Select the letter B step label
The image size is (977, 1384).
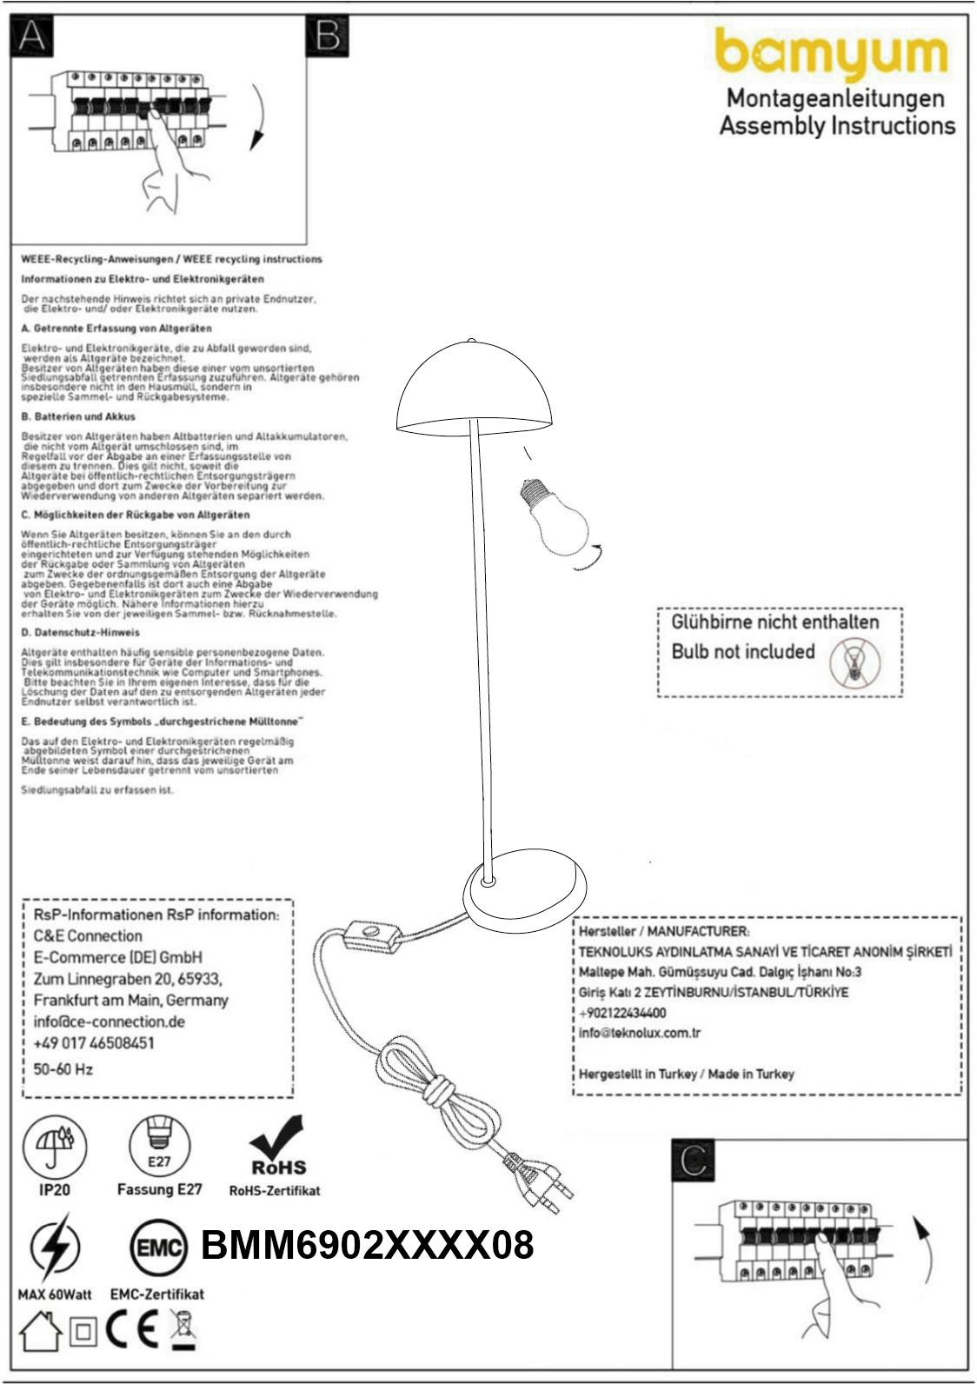click(x=328, y=37)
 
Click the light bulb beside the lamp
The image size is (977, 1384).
click(x=557, y=518)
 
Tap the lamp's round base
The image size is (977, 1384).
click(x=520, y=896)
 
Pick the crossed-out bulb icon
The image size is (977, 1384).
click(x=854, y=662)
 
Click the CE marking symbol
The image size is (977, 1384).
click(x=132, y=1330)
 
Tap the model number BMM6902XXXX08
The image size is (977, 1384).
click(x=367, y=1246)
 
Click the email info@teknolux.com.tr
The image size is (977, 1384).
click(x=640, y=1033)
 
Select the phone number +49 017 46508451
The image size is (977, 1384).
click(x=94, y=1043)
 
